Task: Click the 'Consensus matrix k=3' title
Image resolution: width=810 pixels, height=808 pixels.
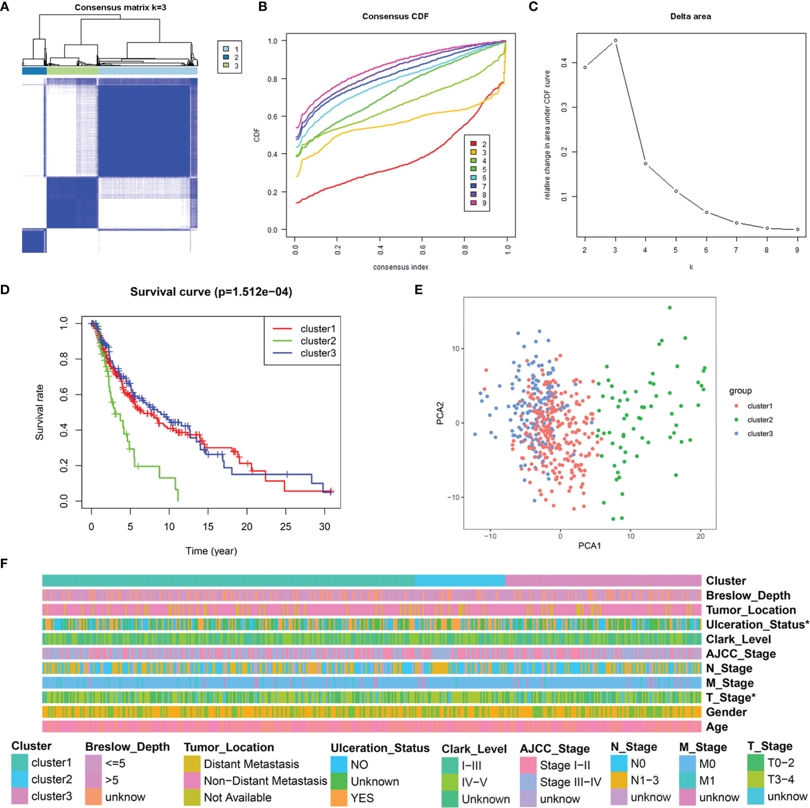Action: click(120, 7)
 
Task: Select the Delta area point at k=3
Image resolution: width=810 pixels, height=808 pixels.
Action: click(615, 41)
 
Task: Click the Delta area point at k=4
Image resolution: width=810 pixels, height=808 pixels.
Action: click(645, 164)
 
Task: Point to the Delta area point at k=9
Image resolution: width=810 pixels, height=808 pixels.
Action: click(797, 230)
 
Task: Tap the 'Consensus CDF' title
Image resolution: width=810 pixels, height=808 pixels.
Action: click(395, 16)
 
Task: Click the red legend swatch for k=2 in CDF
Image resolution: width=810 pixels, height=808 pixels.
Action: click(473, 144)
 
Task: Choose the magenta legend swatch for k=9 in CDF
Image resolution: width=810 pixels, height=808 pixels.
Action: click(473, 203)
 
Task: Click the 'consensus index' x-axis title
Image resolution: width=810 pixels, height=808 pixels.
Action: click(400, 267)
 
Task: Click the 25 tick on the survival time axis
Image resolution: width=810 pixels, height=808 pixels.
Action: click(286, 526)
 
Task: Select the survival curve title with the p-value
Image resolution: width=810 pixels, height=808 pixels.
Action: click(211, 292)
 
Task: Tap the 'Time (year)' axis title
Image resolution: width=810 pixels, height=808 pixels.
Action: click(211, 551)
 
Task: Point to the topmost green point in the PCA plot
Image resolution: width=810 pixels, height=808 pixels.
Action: click(669, 308)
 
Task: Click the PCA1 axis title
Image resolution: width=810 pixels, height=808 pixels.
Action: click(589, 546)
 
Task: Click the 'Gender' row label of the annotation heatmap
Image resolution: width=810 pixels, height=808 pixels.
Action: click(726, 712)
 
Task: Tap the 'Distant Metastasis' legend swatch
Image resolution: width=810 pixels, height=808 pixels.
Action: click(192, 764)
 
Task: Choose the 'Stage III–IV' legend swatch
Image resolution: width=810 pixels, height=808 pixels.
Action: click(528, 782)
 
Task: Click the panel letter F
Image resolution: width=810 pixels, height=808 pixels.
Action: click(4, 564)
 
